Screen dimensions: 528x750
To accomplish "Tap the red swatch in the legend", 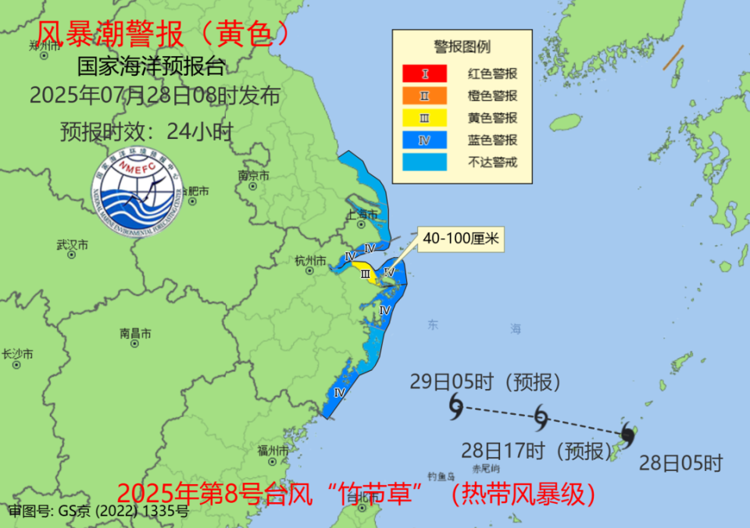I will coord(424,74).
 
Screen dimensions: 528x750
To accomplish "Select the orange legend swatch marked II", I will coord(424,96).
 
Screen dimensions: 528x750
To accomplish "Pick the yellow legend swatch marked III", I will coord(424,118).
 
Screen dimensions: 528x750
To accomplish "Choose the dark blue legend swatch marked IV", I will coord(424,140).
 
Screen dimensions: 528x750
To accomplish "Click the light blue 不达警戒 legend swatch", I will coord(424,162).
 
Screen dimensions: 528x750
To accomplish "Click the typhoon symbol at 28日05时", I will coord(627,433).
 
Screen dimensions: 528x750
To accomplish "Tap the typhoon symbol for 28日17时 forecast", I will coord(541,417).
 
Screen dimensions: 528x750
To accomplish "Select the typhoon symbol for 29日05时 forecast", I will coord(455,405).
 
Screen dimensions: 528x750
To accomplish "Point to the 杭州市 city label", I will coord(310,260).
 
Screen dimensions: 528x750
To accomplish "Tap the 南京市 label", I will coord(254,177).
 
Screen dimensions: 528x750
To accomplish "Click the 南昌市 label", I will coord(135,333).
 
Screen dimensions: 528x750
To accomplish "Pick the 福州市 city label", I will coord(273,451).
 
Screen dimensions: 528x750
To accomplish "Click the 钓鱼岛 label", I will coord(441,475).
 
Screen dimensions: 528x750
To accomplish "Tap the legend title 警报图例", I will coord(462,47).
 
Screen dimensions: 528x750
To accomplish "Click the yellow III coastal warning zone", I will coord(364,274).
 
